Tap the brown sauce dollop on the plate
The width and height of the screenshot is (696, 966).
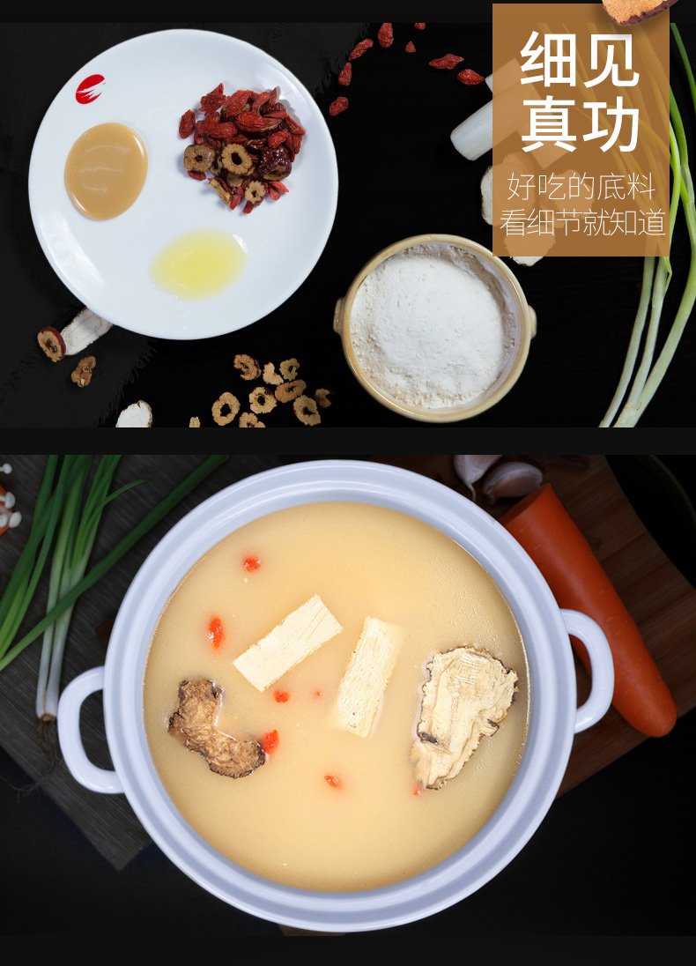[x=106, y=169]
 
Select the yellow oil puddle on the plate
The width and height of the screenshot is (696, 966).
[x=198, y=264]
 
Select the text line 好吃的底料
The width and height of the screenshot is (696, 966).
[x=581, y=188]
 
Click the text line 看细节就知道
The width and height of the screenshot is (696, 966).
[x=581, y=223]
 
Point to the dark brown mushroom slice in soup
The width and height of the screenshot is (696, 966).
[x=214, y=728]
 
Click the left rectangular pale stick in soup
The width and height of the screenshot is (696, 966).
[x=287, y=643]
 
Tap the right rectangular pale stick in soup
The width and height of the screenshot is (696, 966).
[x=368, y=676]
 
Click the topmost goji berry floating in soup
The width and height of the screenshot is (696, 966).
[x=252, y=563]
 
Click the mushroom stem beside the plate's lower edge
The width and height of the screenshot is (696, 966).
[x=85, y=331]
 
